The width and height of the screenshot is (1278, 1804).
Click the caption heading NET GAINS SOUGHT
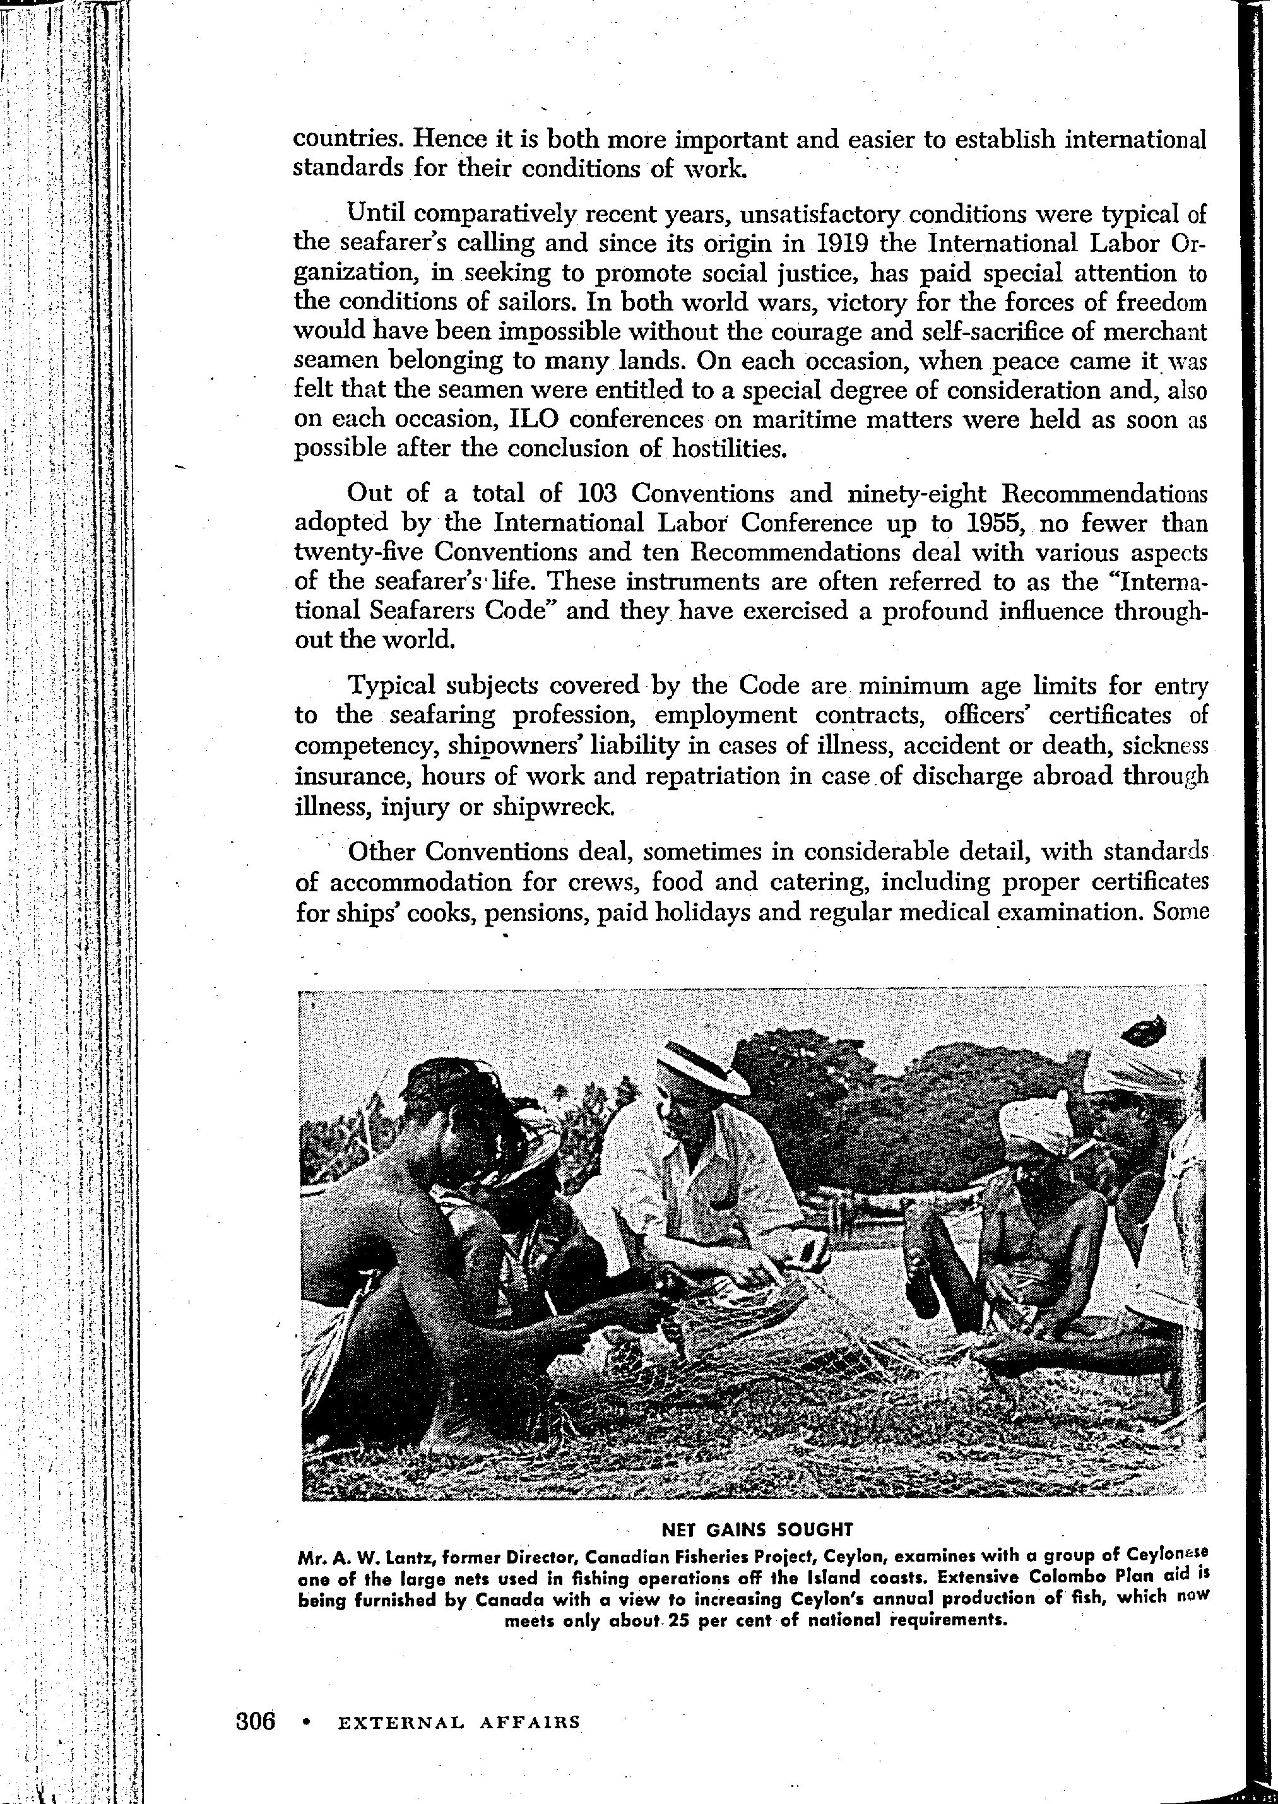[x=757, y=1529]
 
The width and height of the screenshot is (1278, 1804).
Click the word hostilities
[x=729, y=449]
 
